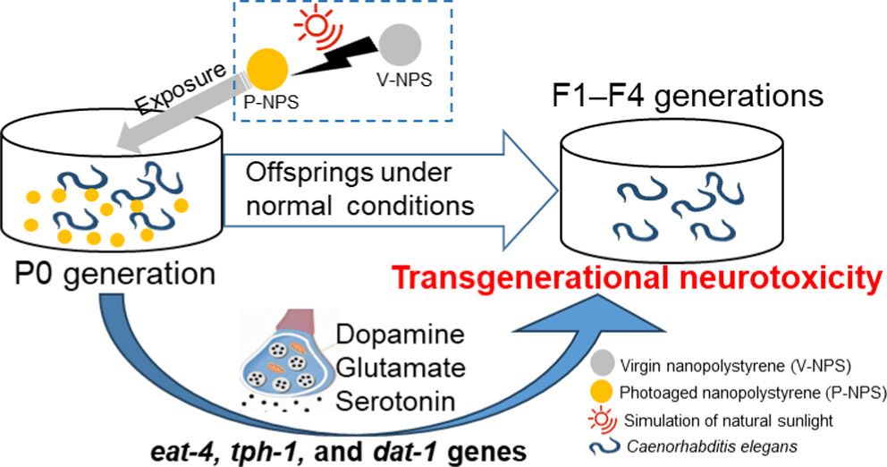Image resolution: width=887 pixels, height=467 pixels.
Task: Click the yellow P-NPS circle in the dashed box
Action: pos(266,67)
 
